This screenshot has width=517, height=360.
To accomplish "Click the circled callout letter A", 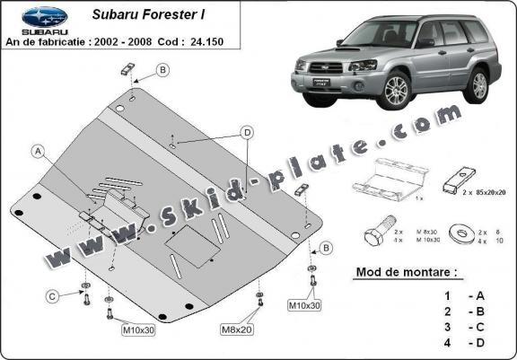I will (x=38, y=151).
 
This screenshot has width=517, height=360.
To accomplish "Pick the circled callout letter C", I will (x=52, y=296).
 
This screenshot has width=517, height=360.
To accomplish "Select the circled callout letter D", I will (x=244, y=133).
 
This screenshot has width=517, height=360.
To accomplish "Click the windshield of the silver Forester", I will (x=376, y=35).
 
